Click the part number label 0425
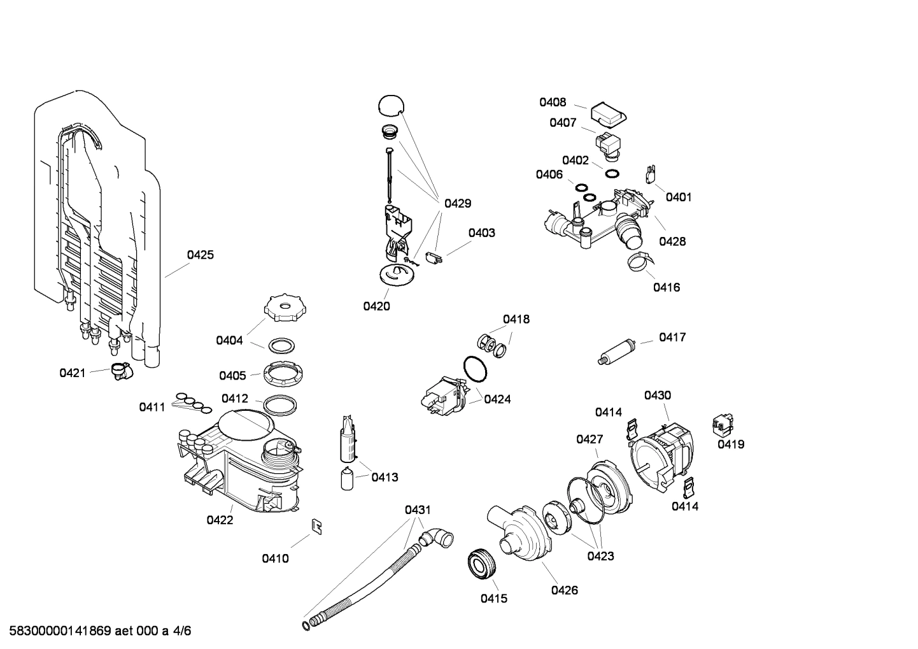coord(201,255)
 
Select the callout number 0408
coord(553,103)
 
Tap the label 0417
coord(672,337)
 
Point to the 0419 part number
coord(731,445)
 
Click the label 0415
coord(493,599)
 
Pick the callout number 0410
coord(275,559)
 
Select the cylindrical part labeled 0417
coord(617,352)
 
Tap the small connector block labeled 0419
coord(722,423)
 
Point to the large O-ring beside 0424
coord(474,367)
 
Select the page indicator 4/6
coord(181,631)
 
